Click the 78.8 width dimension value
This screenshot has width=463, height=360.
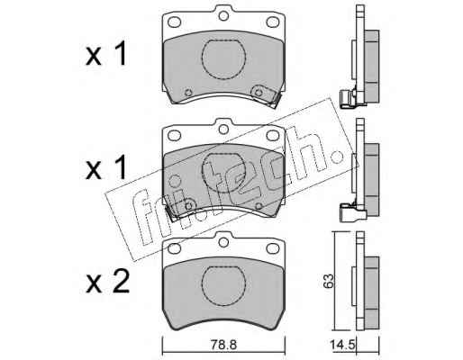(223, 345)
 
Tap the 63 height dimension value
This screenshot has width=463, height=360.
(329, 281)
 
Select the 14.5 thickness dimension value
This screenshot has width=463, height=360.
(342, 345)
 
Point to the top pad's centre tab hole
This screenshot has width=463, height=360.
(222, 15)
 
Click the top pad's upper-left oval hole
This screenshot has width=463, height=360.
(174, 22)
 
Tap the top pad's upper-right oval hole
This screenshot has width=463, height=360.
(273, 22)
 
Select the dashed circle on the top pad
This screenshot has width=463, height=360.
(223, 59)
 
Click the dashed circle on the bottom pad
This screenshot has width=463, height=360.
(223, 286)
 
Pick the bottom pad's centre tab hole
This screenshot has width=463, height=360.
(222, 242)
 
